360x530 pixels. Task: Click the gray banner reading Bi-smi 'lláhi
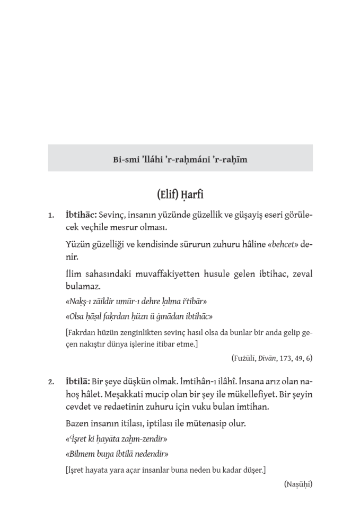(x=180, y=158)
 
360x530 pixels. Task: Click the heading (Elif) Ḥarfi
(x=180, y=195)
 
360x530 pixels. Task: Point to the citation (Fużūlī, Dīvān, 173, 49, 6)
(x=271, y=357)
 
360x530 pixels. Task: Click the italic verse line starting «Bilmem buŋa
(x=117, y=454)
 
